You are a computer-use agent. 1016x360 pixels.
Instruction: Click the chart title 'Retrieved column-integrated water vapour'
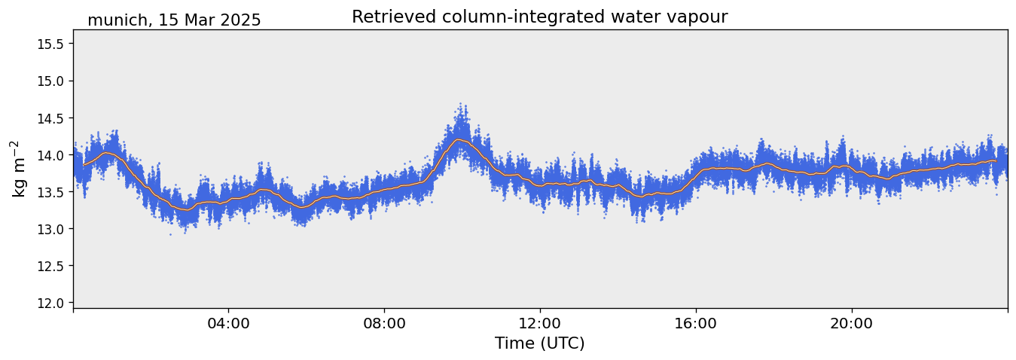click(x=539, y=17)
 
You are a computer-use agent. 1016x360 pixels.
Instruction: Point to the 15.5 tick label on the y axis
click(x=50, y=44)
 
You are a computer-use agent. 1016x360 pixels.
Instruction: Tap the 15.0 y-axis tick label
click(x=50, y=81)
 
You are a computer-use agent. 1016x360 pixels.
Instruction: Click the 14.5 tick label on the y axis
click(x=50, y=117)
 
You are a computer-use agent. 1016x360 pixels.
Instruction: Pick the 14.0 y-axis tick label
click(x=50, y=154)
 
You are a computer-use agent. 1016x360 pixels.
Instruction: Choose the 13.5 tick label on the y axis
click(x=50, y=191)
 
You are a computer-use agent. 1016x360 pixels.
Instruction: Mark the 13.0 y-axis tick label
click(x=50, y=228)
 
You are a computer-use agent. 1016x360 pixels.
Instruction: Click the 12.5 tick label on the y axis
click(x=50, y=265)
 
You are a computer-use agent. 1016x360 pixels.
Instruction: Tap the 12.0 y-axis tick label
click(x=50, y=303)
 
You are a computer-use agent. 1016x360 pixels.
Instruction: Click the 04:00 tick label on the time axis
click(x=228, y=324)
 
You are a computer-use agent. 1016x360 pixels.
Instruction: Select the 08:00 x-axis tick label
click(x=384, y=324)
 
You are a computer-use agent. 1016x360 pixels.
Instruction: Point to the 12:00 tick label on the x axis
click(x=540, y=324)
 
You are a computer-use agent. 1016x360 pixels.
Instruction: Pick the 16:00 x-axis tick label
click(x=696, y=324)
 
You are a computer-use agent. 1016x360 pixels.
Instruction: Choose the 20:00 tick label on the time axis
click(x=852, y=324)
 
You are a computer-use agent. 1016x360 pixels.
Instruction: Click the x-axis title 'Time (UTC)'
click(x=539, y=343)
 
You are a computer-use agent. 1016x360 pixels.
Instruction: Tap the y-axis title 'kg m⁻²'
click(x=18, y=169)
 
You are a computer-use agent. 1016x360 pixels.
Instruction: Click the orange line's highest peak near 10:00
click(x=459, y=139)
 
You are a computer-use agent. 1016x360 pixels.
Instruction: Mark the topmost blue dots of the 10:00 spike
click(x=460, y=105)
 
